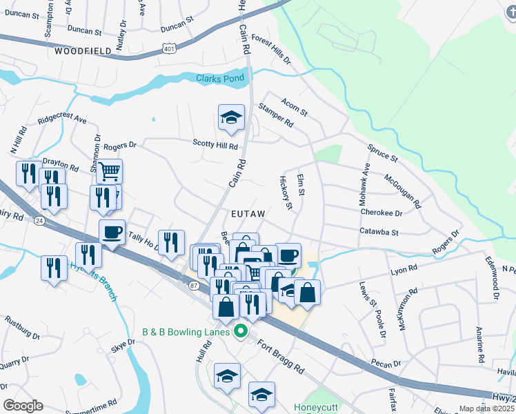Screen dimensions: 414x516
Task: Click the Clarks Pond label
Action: pyautogui.click(x=219, y=79)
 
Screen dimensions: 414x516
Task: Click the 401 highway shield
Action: pyautogui.click(x=170, y=48)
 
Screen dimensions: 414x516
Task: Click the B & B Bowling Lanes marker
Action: pyautogui.click(x=241, y=331)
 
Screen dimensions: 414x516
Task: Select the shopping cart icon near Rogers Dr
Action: pyautogui.click(x=108, y=171)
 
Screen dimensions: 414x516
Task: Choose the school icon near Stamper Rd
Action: pyautogui.click(x=232, y=118)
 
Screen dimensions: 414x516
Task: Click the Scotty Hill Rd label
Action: pyautogui.click(x=215, y=146)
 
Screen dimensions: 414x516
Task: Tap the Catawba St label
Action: pyautogui.click(x=379, y=233)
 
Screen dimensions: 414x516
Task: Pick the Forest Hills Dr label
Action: pyautogui.click(x=270, y=50)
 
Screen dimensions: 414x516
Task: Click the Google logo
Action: pyautogui.click(x=23, y=406)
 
